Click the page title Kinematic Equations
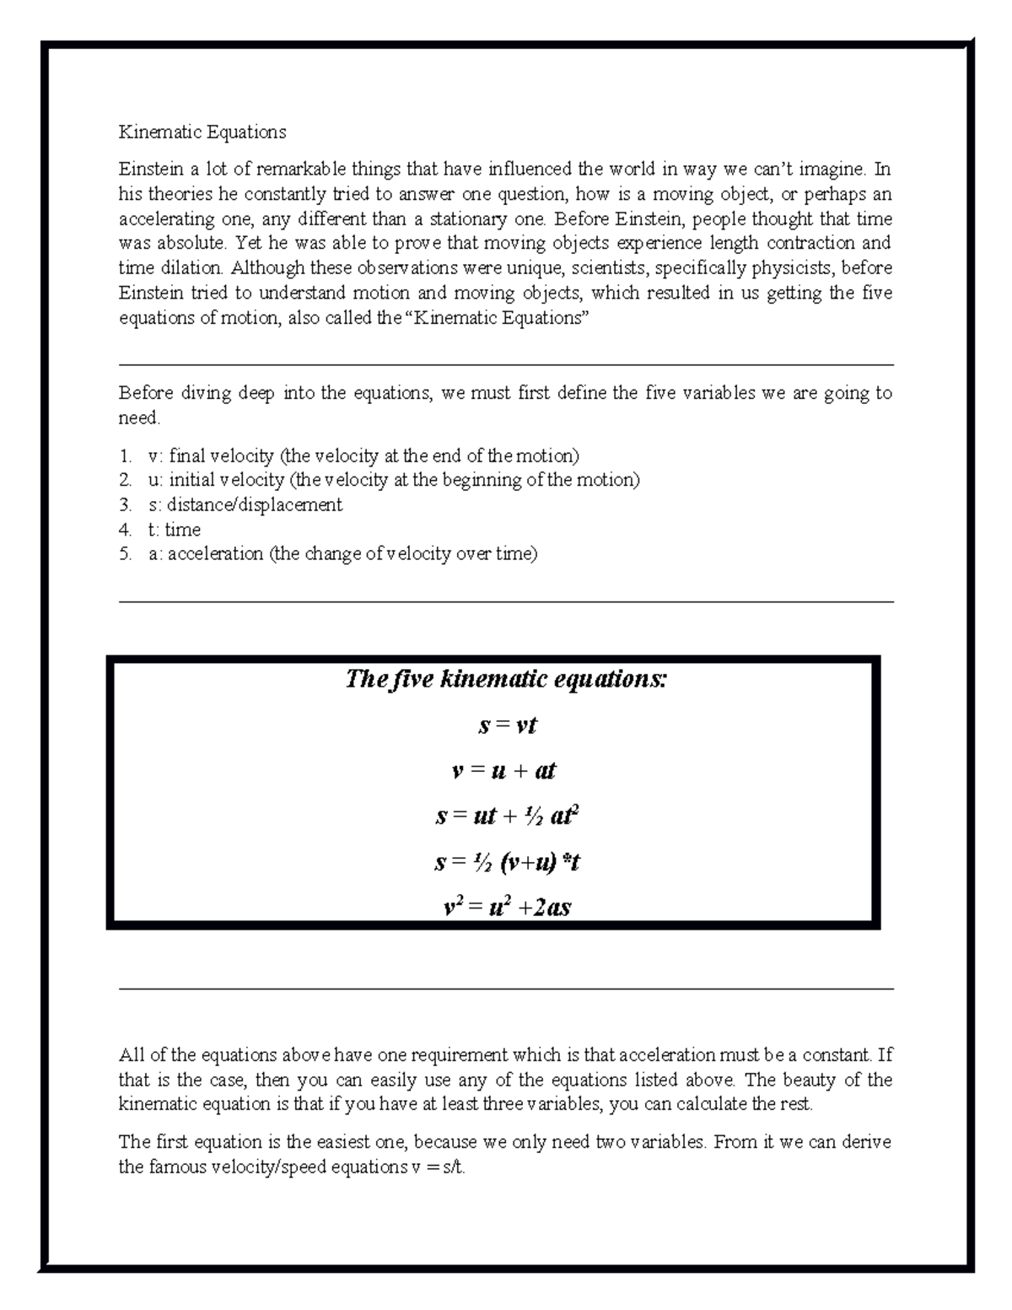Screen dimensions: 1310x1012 pos(202,132)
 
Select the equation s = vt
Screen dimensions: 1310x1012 pos(507,725)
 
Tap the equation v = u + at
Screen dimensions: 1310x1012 pos(504,771)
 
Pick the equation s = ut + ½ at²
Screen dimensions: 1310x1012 pos(507,817)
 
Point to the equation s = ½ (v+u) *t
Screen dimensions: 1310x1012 pos(507,862)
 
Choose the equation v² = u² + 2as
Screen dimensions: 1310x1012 pos(507,908)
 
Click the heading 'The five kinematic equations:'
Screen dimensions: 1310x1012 pos(506,679)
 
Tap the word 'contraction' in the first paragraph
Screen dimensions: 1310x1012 pos(810,244)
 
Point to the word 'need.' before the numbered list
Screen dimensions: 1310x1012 pos(139,418)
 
